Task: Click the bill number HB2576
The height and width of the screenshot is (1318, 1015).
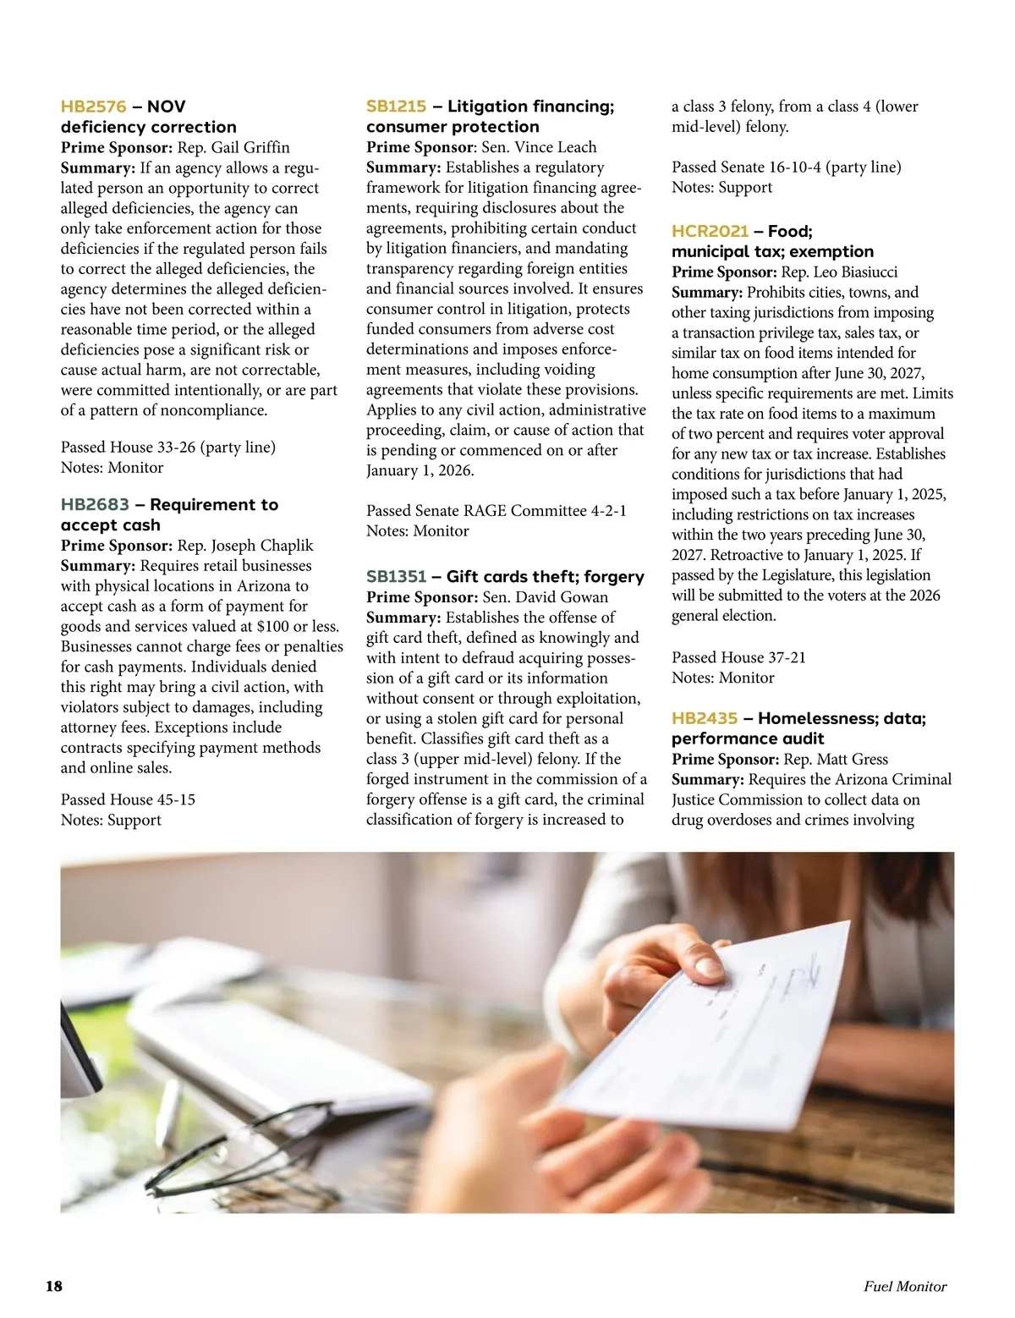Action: tap(93, 107)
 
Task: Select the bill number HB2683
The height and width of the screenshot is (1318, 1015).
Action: tap(95, 505)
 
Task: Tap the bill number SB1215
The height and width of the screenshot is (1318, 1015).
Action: tap(396, 107)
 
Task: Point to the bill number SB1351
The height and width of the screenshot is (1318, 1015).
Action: tap(396, 577)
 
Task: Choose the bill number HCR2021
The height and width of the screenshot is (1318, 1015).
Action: tap(710, 232)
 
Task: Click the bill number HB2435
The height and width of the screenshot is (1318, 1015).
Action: tap(705, 719)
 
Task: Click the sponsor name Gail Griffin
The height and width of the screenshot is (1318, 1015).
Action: tap(250, 148)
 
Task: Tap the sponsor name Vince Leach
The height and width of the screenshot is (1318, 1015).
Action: tap(556, 147)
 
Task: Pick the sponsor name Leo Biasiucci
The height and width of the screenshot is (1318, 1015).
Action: tap(855, 272)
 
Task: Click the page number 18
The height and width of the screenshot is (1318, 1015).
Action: tap(54, 1287)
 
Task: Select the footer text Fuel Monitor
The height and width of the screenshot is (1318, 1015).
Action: tap(905, 1287)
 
